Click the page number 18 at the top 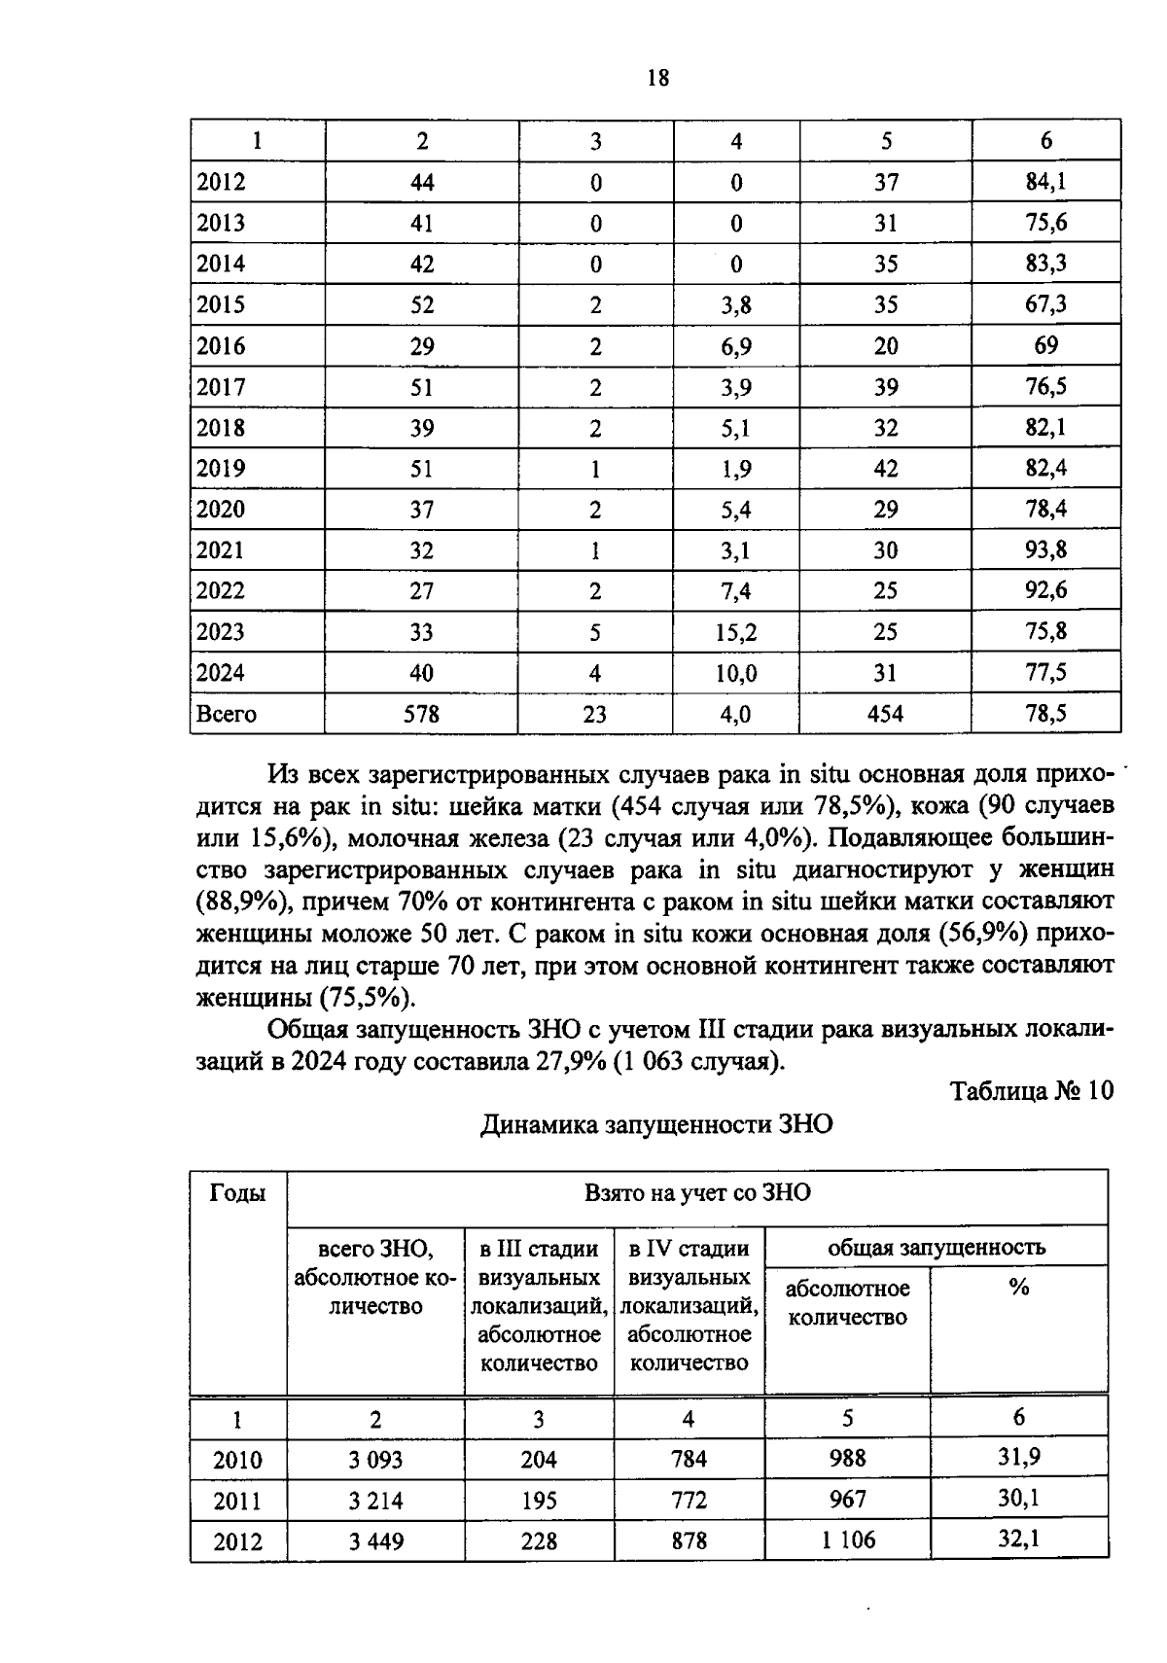(657, 79)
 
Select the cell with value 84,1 (1045, 182)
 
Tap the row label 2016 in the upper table (222, 346)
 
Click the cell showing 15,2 (735, 632)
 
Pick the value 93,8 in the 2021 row (1045, 550)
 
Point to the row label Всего (226, 714)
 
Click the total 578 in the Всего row (421, 714)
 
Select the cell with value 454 (885, 714)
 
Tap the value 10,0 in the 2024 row (735, 673)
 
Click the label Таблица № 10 (1031, 1091)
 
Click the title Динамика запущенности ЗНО (657, 1125)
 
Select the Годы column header (238, 1193)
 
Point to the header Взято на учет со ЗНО (696, 1193)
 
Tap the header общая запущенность (936, 1247)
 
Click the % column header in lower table (1018, 1288)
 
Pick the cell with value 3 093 (375, 1460)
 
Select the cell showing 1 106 (847, 1540)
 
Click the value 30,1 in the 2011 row (1018, 1500)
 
